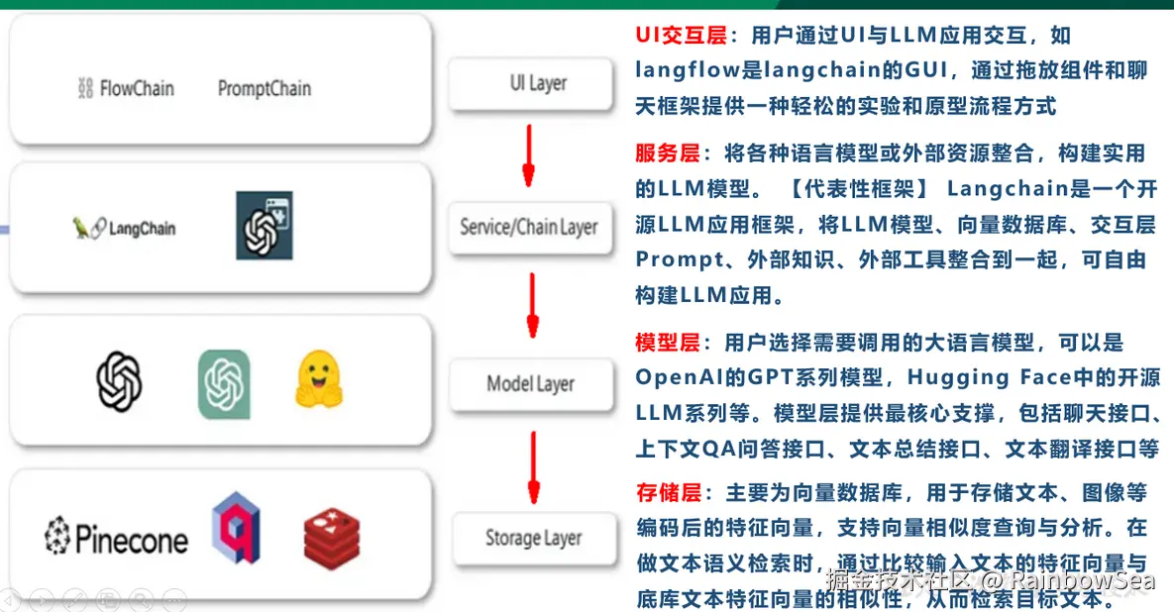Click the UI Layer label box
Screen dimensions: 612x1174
tap(538, 84)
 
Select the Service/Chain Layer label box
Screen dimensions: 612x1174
tap(528, 228)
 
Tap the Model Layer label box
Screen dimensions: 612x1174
tap(530, 384)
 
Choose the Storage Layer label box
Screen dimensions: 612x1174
tap(533, 539)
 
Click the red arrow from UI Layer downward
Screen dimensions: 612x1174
tap(528, 154)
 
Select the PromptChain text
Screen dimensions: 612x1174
tap(264, 89)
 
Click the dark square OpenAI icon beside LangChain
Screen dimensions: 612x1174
tap(264, 226)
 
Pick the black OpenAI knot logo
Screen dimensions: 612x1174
tap(119, 381)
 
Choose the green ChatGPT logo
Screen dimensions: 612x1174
tap(224, 383)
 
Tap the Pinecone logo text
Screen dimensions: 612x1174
tap(116, 538)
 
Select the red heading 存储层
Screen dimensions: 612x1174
tap(668, 492)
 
